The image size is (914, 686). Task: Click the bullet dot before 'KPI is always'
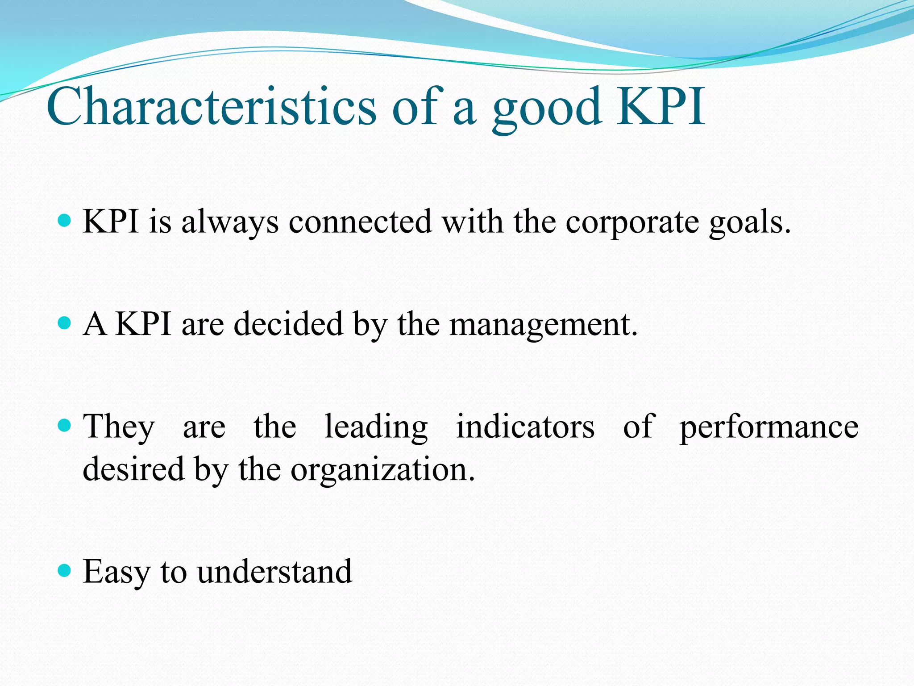65,220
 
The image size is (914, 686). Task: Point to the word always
230,222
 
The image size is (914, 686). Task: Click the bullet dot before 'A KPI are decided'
65,322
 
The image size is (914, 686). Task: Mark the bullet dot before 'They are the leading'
65,425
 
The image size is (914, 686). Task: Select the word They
119,427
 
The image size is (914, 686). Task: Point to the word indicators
525,427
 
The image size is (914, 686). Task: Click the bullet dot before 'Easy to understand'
65,570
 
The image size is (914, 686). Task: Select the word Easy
116,573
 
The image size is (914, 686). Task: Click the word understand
274,572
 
